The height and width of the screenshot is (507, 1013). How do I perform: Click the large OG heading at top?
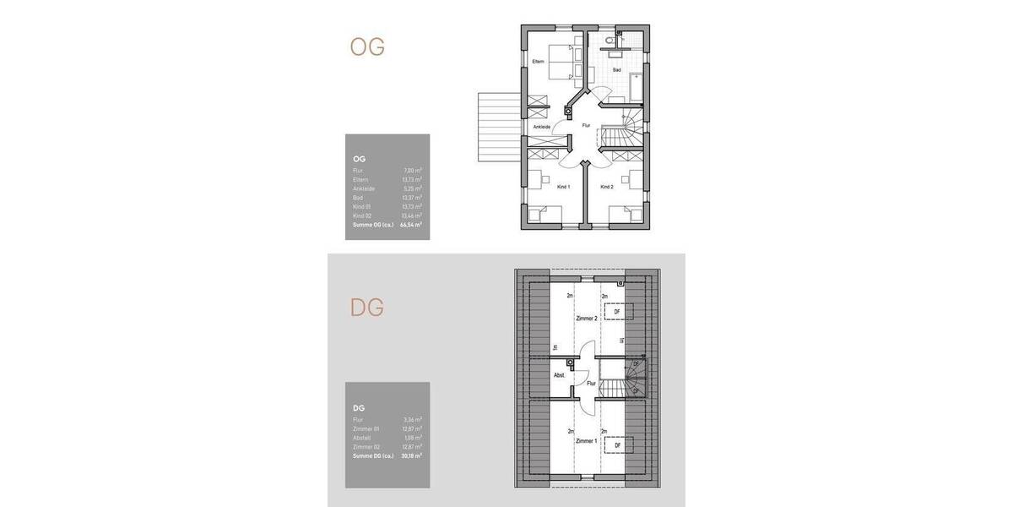click(367, 46)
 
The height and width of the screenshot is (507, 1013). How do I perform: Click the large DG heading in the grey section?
click(367, 308)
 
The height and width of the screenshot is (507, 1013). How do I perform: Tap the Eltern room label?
click(538, 61)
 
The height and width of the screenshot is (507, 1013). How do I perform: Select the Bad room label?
click(616, 69)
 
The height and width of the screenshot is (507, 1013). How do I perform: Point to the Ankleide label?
click(541, 127)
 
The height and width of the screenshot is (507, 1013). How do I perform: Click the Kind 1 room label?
click(564, 186)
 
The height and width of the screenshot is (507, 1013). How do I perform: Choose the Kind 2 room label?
click(607, 186)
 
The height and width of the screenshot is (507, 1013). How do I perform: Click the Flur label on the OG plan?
click(586, 125)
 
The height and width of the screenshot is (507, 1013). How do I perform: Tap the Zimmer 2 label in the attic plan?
click(586, 319)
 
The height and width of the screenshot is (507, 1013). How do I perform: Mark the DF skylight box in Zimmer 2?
click(618, 312)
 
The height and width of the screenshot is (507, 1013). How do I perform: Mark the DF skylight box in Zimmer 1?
click(618, 444)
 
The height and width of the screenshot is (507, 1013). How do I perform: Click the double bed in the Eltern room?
click(560, 61)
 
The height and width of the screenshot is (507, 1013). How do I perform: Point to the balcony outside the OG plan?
click(495, 128)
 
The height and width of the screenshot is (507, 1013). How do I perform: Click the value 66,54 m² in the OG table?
click(411, 225)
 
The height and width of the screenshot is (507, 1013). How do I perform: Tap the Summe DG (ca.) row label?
click(372, 455)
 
